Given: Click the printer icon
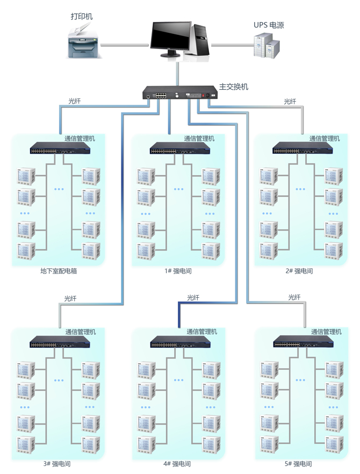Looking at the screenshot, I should [x=82, y=44].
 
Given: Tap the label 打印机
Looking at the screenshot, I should [x=82, y=17].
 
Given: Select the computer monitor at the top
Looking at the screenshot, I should [x=170, y=38].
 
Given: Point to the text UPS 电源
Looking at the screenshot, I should [x=269, y=25].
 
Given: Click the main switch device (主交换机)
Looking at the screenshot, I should [x=179, y=94].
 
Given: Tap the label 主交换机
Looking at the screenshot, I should [x=234, y=87].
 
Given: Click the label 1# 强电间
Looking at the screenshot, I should [x=178, y=271].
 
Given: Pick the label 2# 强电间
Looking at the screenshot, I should [x=299, y=271].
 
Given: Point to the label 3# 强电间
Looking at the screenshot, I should [x=57, y=464].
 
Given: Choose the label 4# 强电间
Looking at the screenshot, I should [x=177, y=464].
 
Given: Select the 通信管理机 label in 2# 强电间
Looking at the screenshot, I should [x=325, y=138].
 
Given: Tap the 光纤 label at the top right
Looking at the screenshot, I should [x=290, y=101].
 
